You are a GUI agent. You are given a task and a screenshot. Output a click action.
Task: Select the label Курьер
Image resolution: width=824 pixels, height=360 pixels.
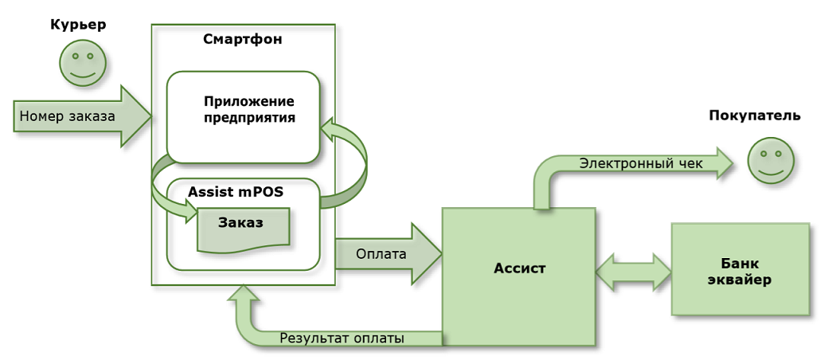[78, 25]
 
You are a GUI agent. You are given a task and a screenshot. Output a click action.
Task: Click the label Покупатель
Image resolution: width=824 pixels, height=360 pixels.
[754, 115]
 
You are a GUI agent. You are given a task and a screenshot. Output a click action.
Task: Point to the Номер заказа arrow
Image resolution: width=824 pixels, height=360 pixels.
[80, 116]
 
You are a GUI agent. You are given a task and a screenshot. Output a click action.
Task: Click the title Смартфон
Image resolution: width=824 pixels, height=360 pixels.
[242, 39]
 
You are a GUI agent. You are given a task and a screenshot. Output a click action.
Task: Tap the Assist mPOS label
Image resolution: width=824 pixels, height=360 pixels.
[236, 191]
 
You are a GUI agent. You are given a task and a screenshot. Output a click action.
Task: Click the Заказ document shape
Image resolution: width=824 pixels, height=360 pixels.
[243, 228]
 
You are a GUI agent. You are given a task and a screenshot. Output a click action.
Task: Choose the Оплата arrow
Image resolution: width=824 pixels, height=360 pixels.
[386, 254]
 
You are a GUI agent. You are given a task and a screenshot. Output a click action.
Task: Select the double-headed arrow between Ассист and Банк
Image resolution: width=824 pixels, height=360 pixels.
[634, 272]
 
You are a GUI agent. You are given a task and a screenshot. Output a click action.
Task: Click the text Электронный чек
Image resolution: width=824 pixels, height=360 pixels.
[641, 163]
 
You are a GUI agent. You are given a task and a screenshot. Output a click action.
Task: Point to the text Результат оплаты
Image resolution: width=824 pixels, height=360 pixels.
[342, 338]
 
